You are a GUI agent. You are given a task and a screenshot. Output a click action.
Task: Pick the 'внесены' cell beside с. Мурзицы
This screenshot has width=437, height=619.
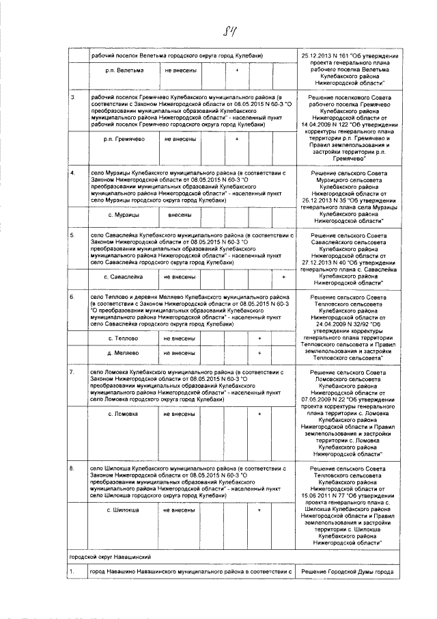(x=180, y=215)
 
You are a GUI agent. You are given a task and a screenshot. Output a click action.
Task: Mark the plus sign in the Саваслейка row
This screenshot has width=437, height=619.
(x=283, y=277)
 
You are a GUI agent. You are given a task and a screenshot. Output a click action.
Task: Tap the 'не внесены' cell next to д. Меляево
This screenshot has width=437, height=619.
(x=180, y=353)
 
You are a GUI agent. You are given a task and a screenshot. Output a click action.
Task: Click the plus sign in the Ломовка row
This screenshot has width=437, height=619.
(x=259, y=414)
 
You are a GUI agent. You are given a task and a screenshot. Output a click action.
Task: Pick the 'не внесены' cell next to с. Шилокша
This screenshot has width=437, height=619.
(x=180, y=510)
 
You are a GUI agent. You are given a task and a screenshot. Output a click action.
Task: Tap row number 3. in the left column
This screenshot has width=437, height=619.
(x=73, y=97)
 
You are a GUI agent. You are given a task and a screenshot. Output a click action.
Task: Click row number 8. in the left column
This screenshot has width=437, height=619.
(x=73, y=468)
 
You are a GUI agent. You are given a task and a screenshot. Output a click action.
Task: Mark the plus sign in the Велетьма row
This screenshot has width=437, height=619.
(x=236, y=70)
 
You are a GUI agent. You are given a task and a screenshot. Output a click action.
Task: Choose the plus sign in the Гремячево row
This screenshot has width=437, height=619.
(x=236, y=140)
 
